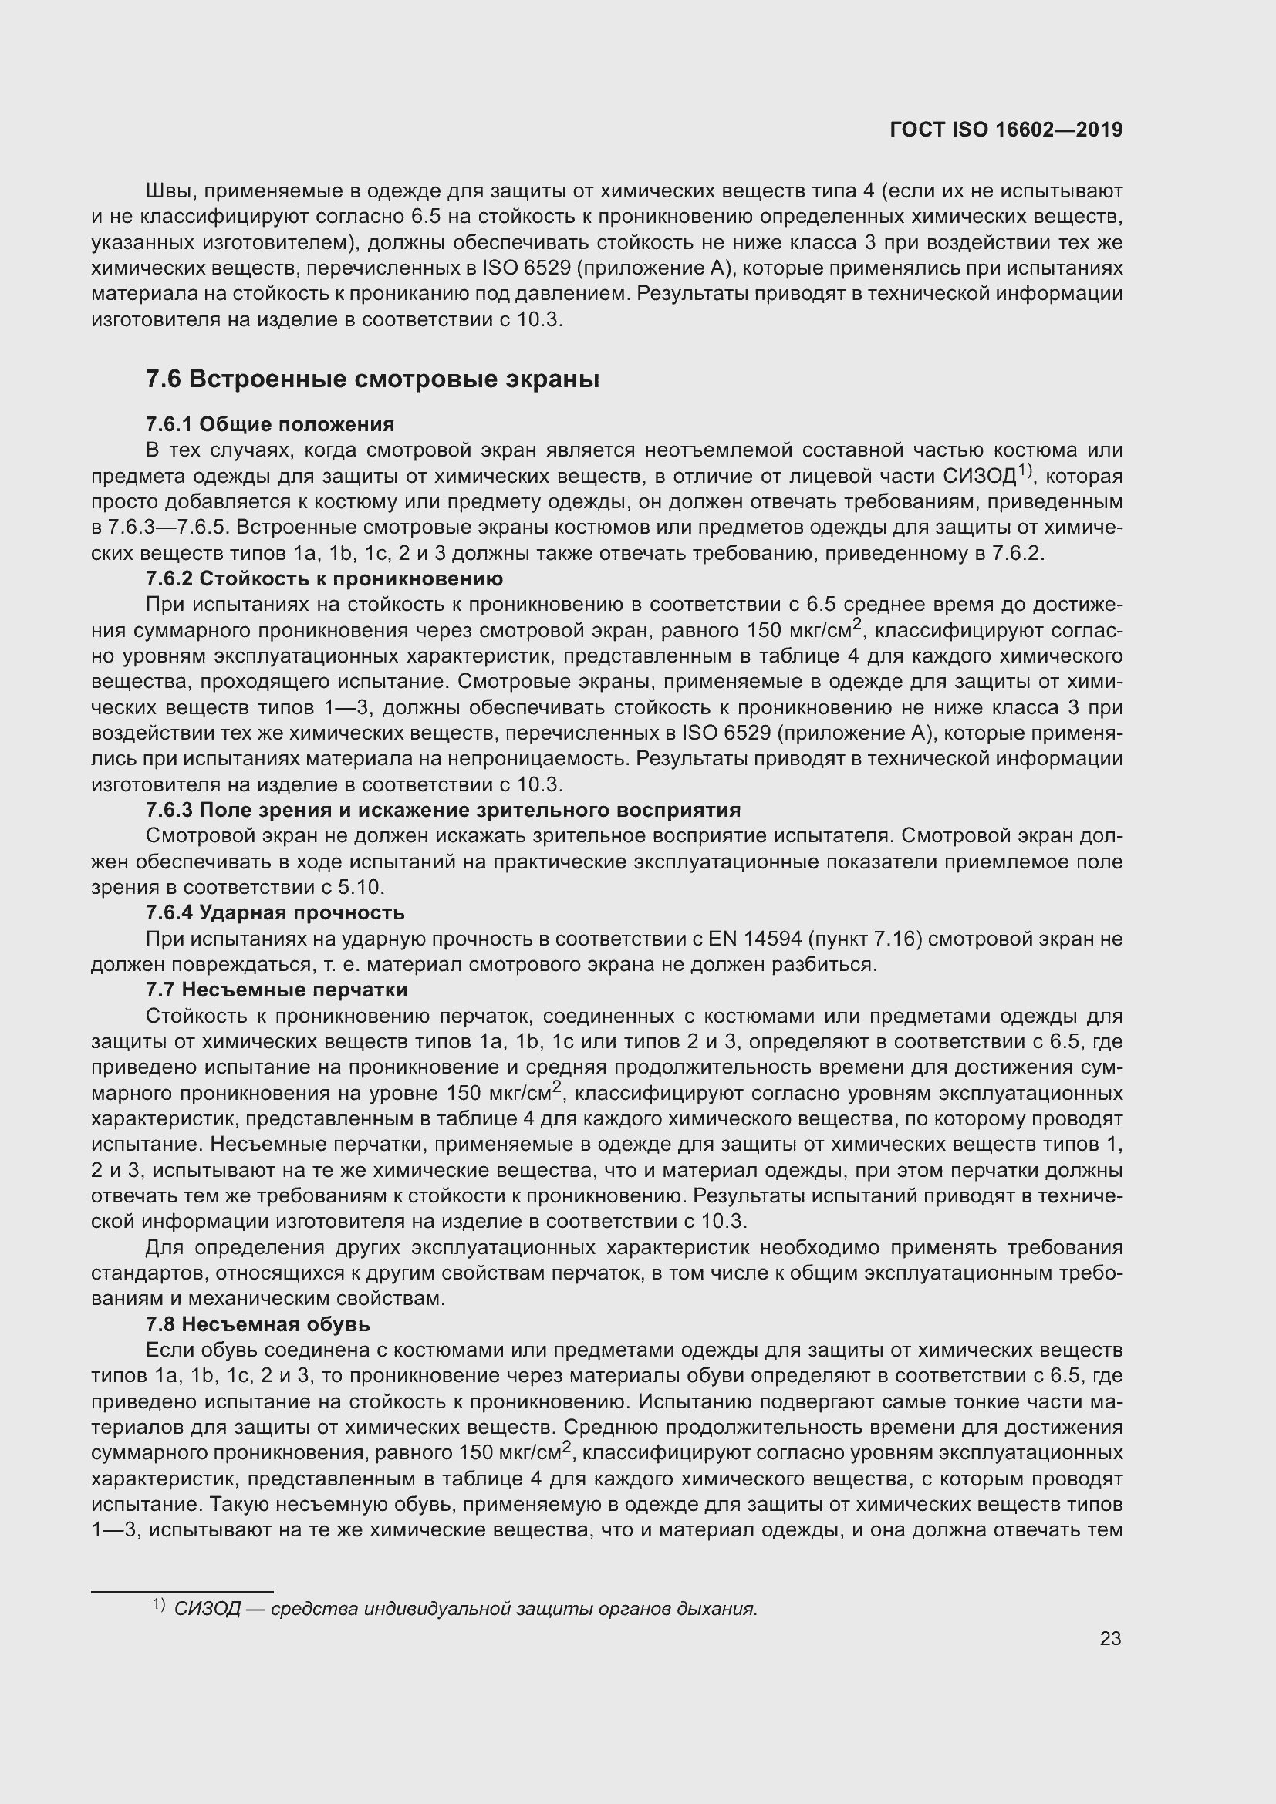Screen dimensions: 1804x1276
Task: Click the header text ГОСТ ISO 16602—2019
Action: point(1006,130)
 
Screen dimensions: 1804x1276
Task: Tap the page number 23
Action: point(1110,1638)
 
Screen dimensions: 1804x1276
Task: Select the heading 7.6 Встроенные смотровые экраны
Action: point(373,379)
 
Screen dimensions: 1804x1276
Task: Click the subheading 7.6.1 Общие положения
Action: point(269,424)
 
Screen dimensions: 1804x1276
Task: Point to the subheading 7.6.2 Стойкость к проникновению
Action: point(324,579)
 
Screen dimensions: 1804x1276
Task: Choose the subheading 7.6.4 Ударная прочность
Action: point(275,912)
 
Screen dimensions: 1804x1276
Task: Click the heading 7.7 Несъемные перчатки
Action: point(277,990)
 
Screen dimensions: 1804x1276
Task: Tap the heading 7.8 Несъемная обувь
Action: point(258,1324)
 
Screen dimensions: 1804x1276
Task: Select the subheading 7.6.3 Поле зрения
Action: point(443,810)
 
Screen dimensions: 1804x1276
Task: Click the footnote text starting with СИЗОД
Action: point(465,1608)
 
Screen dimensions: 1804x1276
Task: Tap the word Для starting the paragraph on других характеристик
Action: point(163,1248)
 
